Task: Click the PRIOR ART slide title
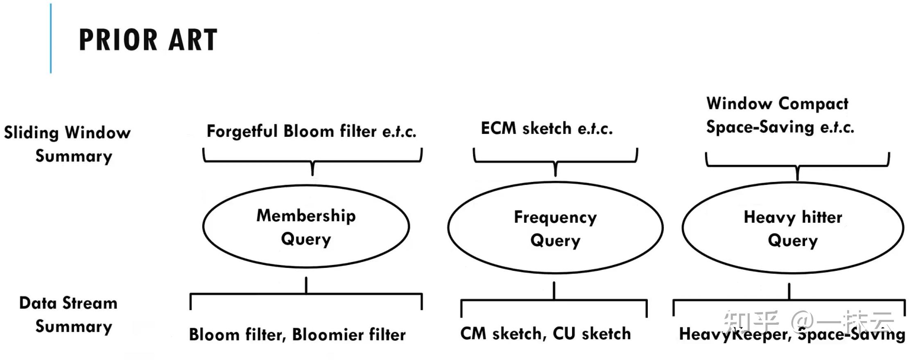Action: coord(148,40)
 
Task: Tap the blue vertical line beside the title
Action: coord(51,39)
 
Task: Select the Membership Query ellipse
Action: coord(306,226)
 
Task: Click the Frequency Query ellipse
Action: coord(555,228)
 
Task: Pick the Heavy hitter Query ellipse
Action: coord(792,228)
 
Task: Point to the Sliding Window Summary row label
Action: coord(68,144)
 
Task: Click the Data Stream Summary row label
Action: coord(69,315)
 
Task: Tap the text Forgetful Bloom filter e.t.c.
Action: coord(311,131)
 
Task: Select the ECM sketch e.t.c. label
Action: coord(546,129)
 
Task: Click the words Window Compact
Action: coord(777,104)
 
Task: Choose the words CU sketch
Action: coord(592,334)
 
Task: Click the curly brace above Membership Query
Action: coord(312,161)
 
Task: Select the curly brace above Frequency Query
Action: coord(555,162)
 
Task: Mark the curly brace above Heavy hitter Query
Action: coord(797,166)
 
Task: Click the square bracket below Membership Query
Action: coord(306,294)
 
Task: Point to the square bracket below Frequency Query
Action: coord(554,300)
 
